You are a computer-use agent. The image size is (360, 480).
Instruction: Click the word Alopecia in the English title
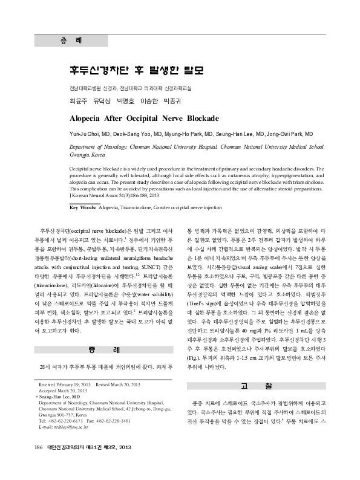point(92,118)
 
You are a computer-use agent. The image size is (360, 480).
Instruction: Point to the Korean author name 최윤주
point(79,100)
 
